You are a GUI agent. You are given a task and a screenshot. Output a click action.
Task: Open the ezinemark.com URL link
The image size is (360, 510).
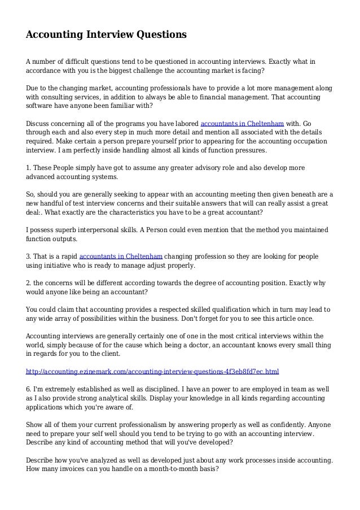click(x=153, y=372)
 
